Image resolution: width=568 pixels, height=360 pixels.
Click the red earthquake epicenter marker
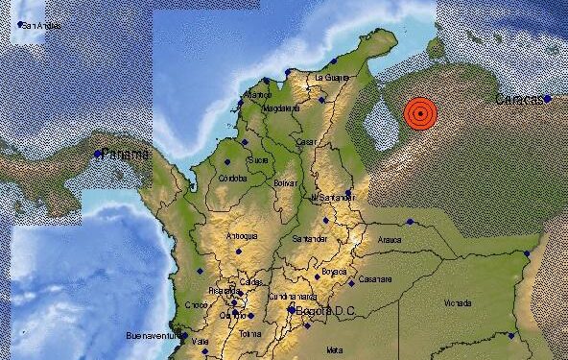pyautogui.click(x=419, y=113)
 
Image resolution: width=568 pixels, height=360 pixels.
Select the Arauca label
pyautogui.click(x=389, y=244)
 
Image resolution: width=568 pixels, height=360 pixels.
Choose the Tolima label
pyautogui.click(x=250, y=333)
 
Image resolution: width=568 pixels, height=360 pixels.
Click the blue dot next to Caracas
pyautogui.click(x=547, y=98)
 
